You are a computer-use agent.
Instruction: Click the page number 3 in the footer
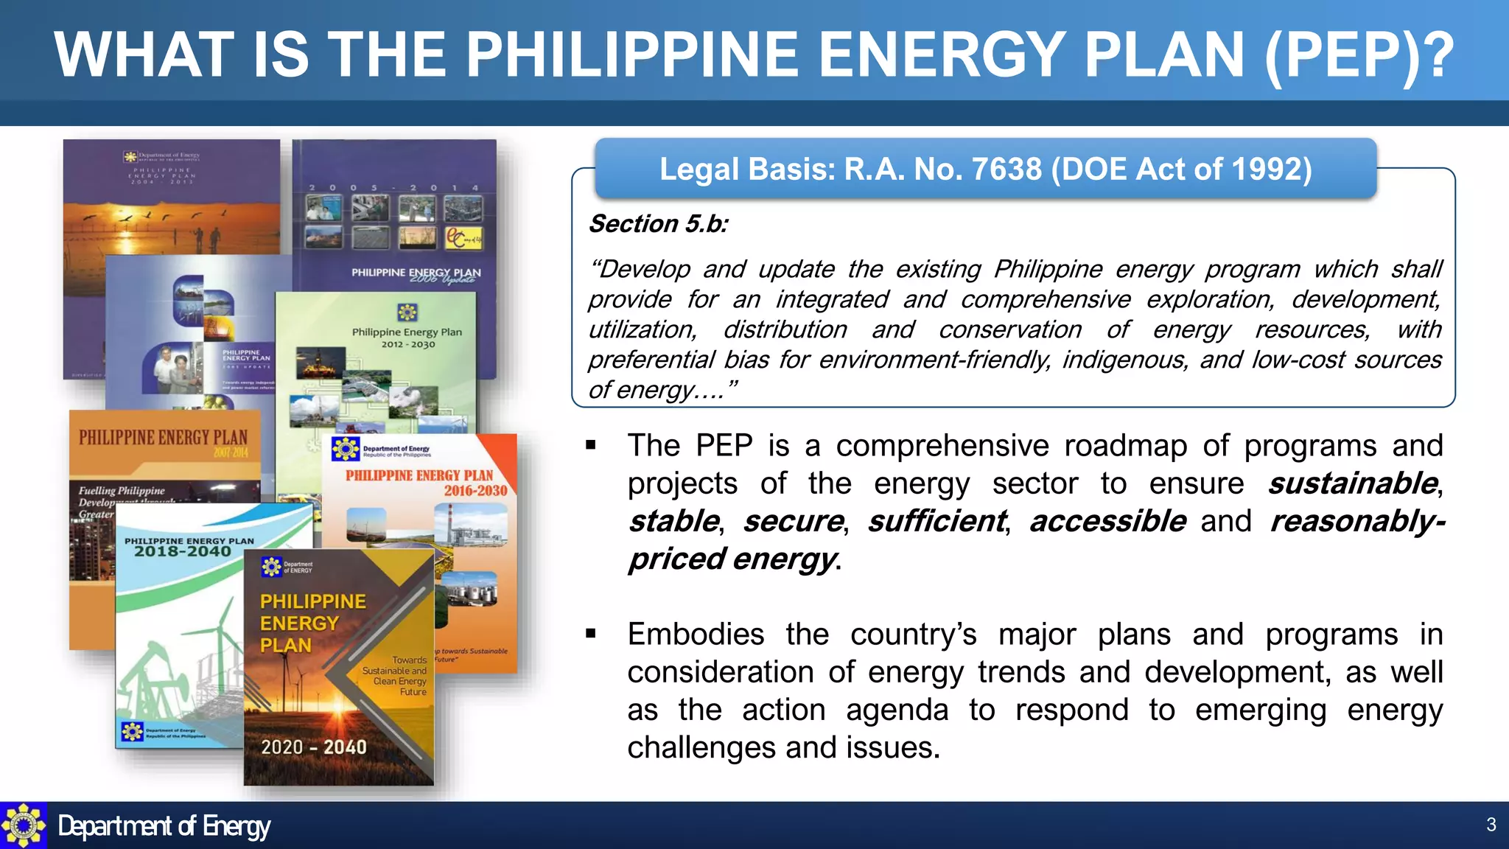tap(1491, 825)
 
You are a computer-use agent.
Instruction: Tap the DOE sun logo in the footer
tap(23, 825)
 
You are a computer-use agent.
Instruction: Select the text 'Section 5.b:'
tap(658, 223)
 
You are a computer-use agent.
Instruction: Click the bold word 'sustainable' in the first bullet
tap(1352, 483)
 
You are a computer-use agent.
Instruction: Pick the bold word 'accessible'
tap(1107, 521)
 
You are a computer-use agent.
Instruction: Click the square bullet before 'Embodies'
tap(591, 633)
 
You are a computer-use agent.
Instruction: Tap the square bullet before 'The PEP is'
tap(591, 444)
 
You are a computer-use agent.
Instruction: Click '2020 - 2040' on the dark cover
tap(314, 747)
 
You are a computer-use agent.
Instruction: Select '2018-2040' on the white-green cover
tap(183, 552)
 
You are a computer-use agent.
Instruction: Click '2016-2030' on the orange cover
tap(475, 491)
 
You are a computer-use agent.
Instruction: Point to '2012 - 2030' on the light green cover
tap(408, 344)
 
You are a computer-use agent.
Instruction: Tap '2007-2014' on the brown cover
tap(231, 453)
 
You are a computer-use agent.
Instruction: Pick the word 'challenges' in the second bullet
tap(700, 748)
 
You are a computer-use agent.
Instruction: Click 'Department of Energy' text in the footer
tap(164, 826)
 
